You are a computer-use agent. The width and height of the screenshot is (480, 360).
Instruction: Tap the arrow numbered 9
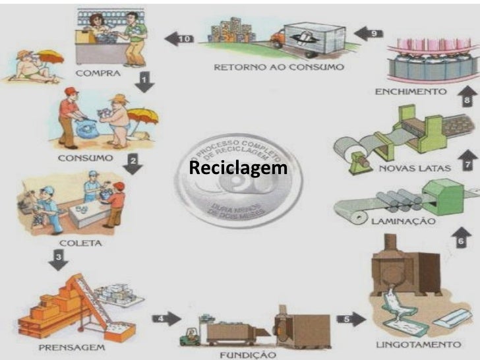[371, 32]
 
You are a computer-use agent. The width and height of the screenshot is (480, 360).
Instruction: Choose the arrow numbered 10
[178, 39]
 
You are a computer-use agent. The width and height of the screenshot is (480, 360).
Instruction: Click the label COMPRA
[98, 73]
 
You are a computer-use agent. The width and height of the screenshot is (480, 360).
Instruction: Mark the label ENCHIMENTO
[409, 92]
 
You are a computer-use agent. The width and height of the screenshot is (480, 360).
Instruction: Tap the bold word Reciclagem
[238, 167]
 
